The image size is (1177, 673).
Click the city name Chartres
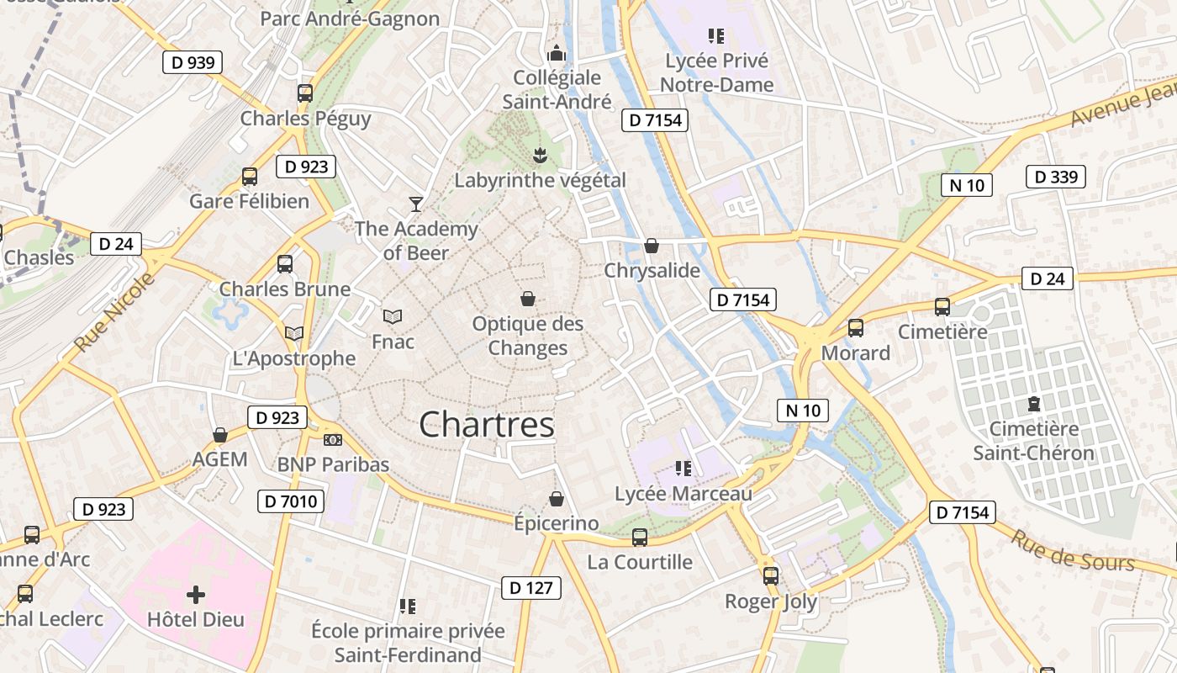(x=487, y=425)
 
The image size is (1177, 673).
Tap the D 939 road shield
(x=193, y=62)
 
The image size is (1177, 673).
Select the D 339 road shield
(x=1056, y=177)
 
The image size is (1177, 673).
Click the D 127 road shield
(x=531, y=588)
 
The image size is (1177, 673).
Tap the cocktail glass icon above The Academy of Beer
(x=415, y=204)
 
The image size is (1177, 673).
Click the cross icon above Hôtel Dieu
(x=196, y=596)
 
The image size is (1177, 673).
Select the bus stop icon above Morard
(x=856, y=328)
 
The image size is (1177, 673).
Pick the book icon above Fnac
(x=393, y=317)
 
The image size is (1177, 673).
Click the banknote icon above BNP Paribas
(x=333, y=440)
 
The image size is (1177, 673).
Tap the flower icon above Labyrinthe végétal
(x=541, y=155)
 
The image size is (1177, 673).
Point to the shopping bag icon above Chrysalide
(x=652, y=246)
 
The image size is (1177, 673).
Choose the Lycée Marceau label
(x=684, y=494)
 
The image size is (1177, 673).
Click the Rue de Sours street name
(x=1072, y=551)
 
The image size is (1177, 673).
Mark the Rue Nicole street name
(x=114, y=313)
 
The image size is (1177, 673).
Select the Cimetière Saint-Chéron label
(x=1033, y=441)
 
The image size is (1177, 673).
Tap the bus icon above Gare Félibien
(x=250, y=177)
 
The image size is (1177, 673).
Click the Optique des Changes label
(x=528, y=336)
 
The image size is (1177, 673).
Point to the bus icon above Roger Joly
(x=771, y=576)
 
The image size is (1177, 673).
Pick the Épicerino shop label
(x=557, y=523)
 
